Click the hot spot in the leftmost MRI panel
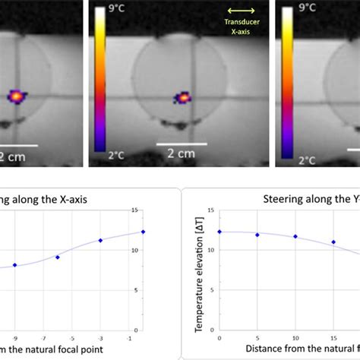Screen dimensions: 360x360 click(x=16, y=96)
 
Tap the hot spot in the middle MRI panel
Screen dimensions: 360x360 click(x=182, y=96)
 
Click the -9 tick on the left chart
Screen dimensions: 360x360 click(x=14, y=336)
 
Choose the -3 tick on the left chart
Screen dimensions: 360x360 click(x=100, y=336)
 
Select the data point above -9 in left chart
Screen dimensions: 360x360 click(x=14, y=265)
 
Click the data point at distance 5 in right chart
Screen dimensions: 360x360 click(x=257, y=235)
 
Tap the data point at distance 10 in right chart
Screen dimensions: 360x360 click(x=295, y=237)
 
